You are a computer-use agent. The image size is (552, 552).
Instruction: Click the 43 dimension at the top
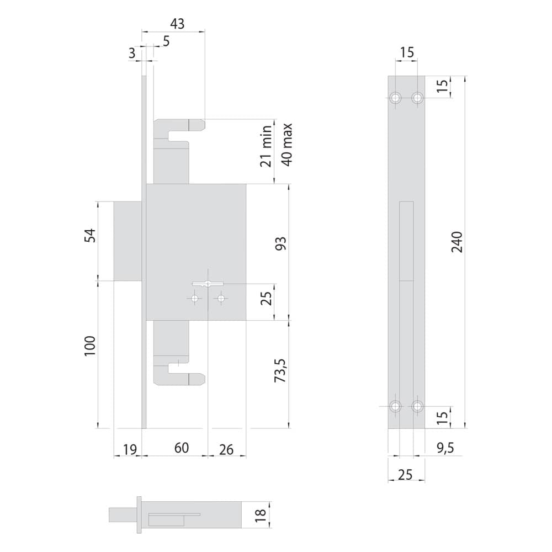(x=177, y=24)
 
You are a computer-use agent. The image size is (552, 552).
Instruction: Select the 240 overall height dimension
(x=457, y=242)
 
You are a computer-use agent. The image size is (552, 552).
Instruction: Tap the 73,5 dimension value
(x=281, y=370)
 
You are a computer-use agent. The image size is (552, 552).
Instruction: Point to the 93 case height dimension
(x=280, y=243)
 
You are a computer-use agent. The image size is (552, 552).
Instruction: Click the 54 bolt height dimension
(x=90, y=235)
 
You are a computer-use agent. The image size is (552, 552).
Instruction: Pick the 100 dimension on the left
(x=90, y=346)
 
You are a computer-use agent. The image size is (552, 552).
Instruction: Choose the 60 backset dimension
(x=181, y=448)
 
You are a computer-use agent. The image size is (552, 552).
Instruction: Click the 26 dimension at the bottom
(x=226, y=449)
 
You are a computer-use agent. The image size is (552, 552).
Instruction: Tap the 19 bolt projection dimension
(x=130, y=449)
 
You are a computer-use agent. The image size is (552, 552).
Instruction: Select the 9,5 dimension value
(x=445, y=448)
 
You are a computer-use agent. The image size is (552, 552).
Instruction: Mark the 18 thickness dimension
(x=261, y=516)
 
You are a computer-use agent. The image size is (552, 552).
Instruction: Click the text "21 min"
(x=267, y=146)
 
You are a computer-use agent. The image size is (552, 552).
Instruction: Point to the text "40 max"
(x=287, y=144)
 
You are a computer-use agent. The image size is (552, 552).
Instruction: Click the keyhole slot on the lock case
(x=208, y=284)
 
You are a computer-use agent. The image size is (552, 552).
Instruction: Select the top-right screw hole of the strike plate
(x=417, y=97)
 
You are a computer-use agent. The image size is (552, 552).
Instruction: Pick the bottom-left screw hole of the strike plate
(x=396, y=407)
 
